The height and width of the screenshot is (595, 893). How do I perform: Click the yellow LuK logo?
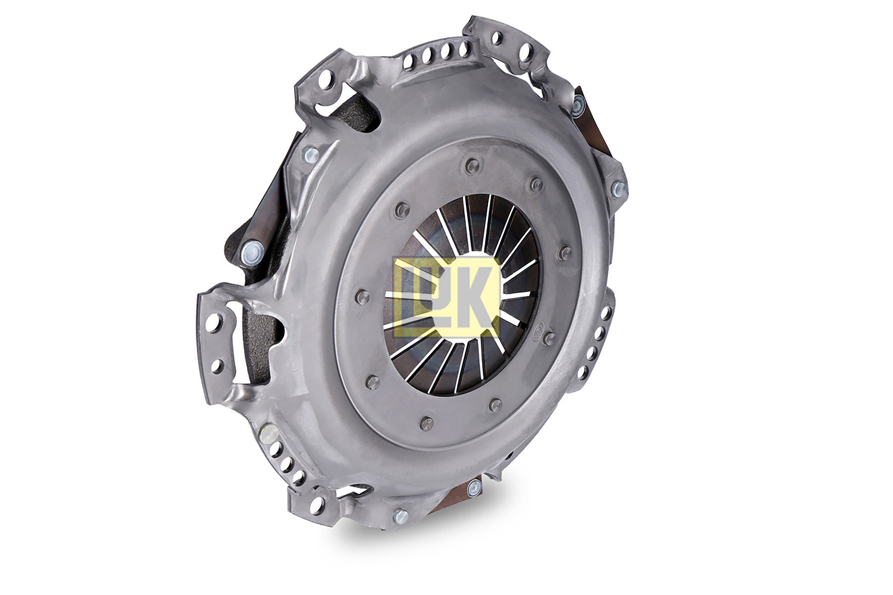coord(446,297)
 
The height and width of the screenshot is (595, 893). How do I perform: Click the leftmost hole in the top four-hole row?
coord(410,62)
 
